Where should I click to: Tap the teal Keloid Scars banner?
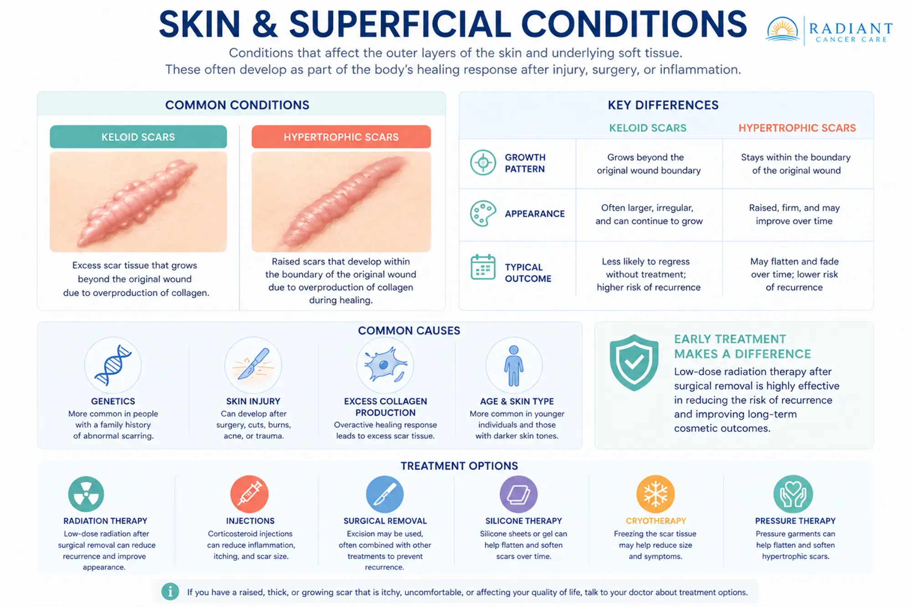tap(138, 137)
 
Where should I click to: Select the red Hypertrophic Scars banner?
tap(341, 137)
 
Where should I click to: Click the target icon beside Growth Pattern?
tap(483, 163)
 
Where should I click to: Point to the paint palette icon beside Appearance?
tap(483, 213)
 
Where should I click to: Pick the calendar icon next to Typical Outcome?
tap(483, 267)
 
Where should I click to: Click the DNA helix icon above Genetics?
tap(113, 365)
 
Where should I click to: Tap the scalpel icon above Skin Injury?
tap(253, 364)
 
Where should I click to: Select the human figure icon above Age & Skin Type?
tap(514, 366)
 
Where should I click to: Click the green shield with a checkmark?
tap(634, 362)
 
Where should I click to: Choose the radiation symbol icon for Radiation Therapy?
tap(86, 494)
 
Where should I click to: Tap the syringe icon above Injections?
tap(250, 494)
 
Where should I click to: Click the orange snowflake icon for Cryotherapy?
tap(655, 494)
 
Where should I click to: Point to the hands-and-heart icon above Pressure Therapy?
tap(793, 494)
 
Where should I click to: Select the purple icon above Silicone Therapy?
tap(519, 494)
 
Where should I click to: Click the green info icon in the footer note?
tap(170, 592)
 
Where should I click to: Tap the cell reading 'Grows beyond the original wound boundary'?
tap(649, 164)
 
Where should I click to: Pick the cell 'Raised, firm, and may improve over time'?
tap(794, 214)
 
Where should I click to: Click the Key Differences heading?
tap(663, 105)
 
